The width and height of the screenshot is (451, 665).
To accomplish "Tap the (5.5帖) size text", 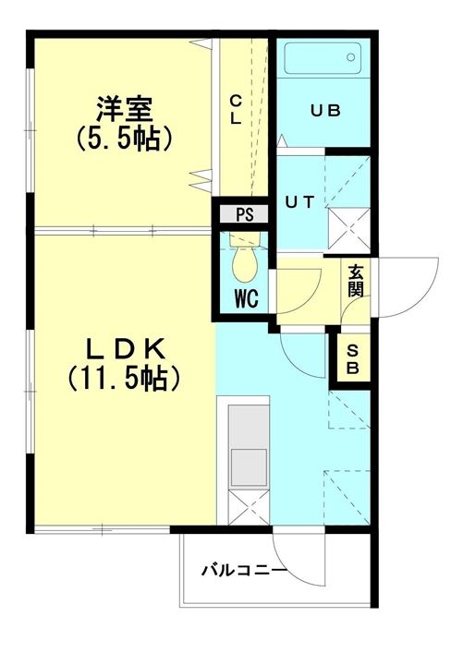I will pyautogui.click(x=124, y=140).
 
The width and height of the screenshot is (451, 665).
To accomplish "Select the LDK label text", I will pyautogui.click(x=124, y=348).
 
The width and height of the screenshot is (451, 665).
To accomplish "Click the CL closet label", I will pyautogui.click(x=236, y=110).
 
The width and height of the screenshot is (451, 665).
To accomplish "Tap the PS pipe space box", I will pyautogui.click(x=244, y=214).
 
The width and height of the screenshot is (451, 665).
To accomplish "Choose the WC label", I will pyautogui.click(x=244, y=298).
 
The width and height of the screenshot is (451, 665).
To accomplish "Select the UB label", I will pyautogui.click(x=325, y=111).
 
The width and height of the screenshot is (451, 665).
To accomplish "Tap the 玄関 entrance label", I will pyautogui.click(x=356, y=281).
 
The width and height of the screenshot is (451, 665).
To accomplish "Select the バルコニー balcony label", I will pyautogui.click(x=244, y=570).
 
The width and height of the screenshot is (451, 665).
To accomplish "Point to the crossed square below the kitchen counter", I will pyautogui.click(x=245, y=509).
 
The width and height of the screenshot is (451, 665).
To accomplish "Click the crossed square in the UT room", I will pyautogui.click(x=352, y=227).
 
